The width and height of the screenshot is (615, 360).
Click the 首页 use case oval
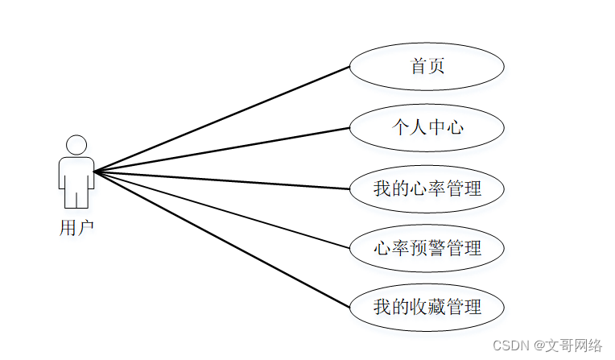point(427,67)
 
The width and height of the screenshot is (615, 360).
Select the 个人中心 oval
point(427,127)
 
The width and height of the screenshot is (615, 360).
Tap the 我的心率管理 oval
point(427,188)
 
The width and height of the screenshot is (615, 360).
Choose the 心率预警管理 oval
point(427,248)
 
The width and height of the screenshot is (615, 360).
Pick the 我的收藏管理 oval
point(427,308)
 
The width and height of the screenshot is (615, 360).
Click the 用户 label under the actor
point(76,228)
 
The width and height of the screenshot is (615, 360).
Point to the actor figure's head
point(76,145)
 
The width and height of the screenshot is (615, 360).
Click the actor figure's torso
point(76,172)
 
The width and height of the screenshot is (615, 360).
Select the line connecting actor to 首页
point(221,119)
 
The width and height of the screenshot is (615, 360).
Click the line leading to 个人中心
point(221,150)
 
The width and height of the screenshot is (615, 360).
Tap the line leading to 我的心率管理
point(221,180)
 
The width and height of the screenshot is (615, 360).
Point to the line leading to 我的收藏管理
point(221,239)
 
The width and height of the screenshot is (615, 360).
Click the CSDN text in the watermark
point(508,346)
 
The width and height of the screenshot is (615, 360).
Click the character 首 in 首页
point(419,67)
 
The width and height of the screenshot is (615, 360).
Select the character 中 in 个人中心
point(436,127)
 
